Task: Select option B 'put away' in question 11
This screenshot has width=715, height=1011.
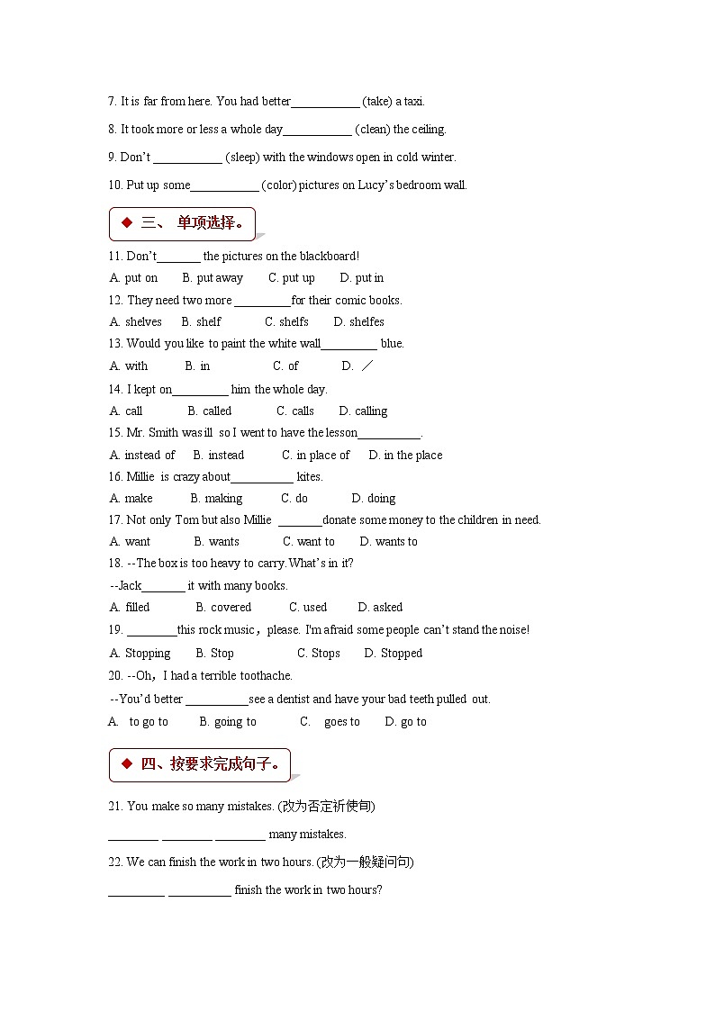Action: (213, 278)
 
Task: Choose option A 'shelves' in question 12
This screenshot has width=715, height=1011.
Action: (136, 321)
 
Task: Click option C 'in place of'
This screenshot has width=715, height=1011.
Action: (315, 455)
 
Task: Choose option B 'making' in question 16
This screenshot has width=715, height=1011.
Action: (216, 498)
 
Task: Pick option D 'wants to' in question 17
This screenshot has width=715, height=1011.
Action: (388, 541)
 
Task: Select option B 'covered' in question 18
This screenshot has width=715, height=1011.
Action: (223, 607)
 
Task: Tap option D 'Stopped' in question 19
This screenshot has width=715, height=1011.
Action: (393, 653)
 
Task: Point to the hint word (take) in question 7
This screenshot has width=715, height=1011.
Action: (377, 101)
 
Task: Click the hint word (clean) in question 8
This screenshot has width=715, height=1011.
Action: (372, 129)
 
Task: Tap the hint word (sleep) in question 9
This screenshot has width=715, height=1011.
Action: (242, 157)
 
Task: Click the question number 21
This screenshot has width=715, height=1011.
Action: (115, 806)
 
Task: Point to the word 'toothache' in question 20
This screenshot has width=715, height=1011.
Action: (266, 675)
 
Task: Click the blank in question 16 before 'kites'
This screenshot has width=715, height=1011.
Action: (262, 477)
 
